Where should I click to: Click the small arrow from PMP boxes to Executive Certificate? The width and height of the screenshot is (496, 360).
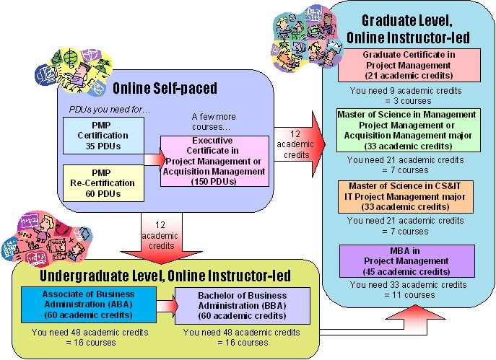tap(153, 160)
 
